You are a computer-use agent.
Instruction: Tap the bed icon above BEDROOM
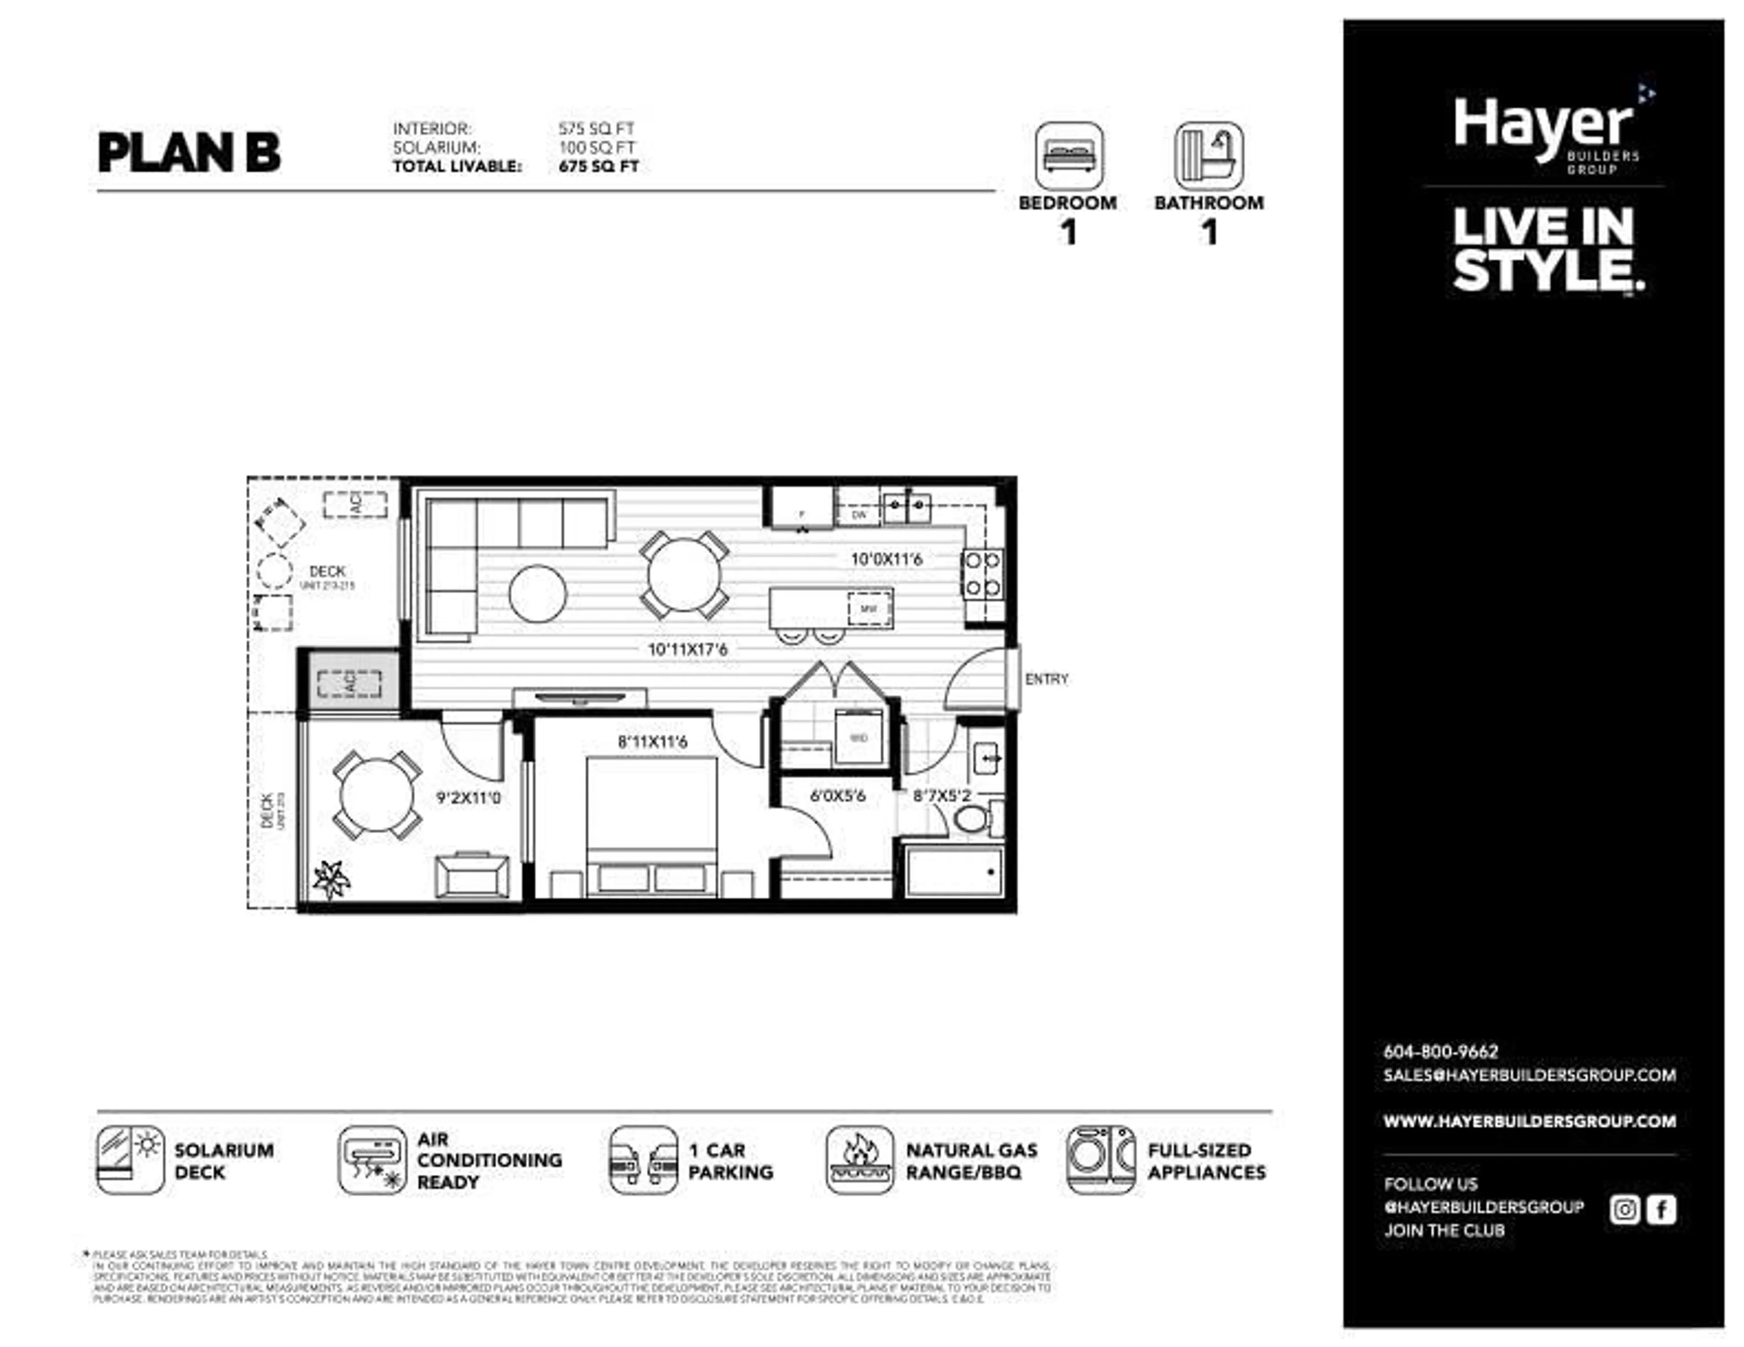(x=1069, y=156)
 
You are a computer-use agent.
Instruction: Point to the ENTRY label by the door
(x=1046, y=680)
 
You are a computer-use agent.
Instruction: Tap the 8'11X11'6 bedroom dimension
(x=652, y=742)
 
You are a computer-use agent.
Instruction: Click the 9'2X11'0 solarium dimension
(x=469, y=798)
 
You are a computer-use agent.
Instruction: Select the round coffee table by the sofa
(x=537, y=594)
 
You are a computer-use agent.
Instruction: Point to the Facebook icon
(x=1661, y=1209)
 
